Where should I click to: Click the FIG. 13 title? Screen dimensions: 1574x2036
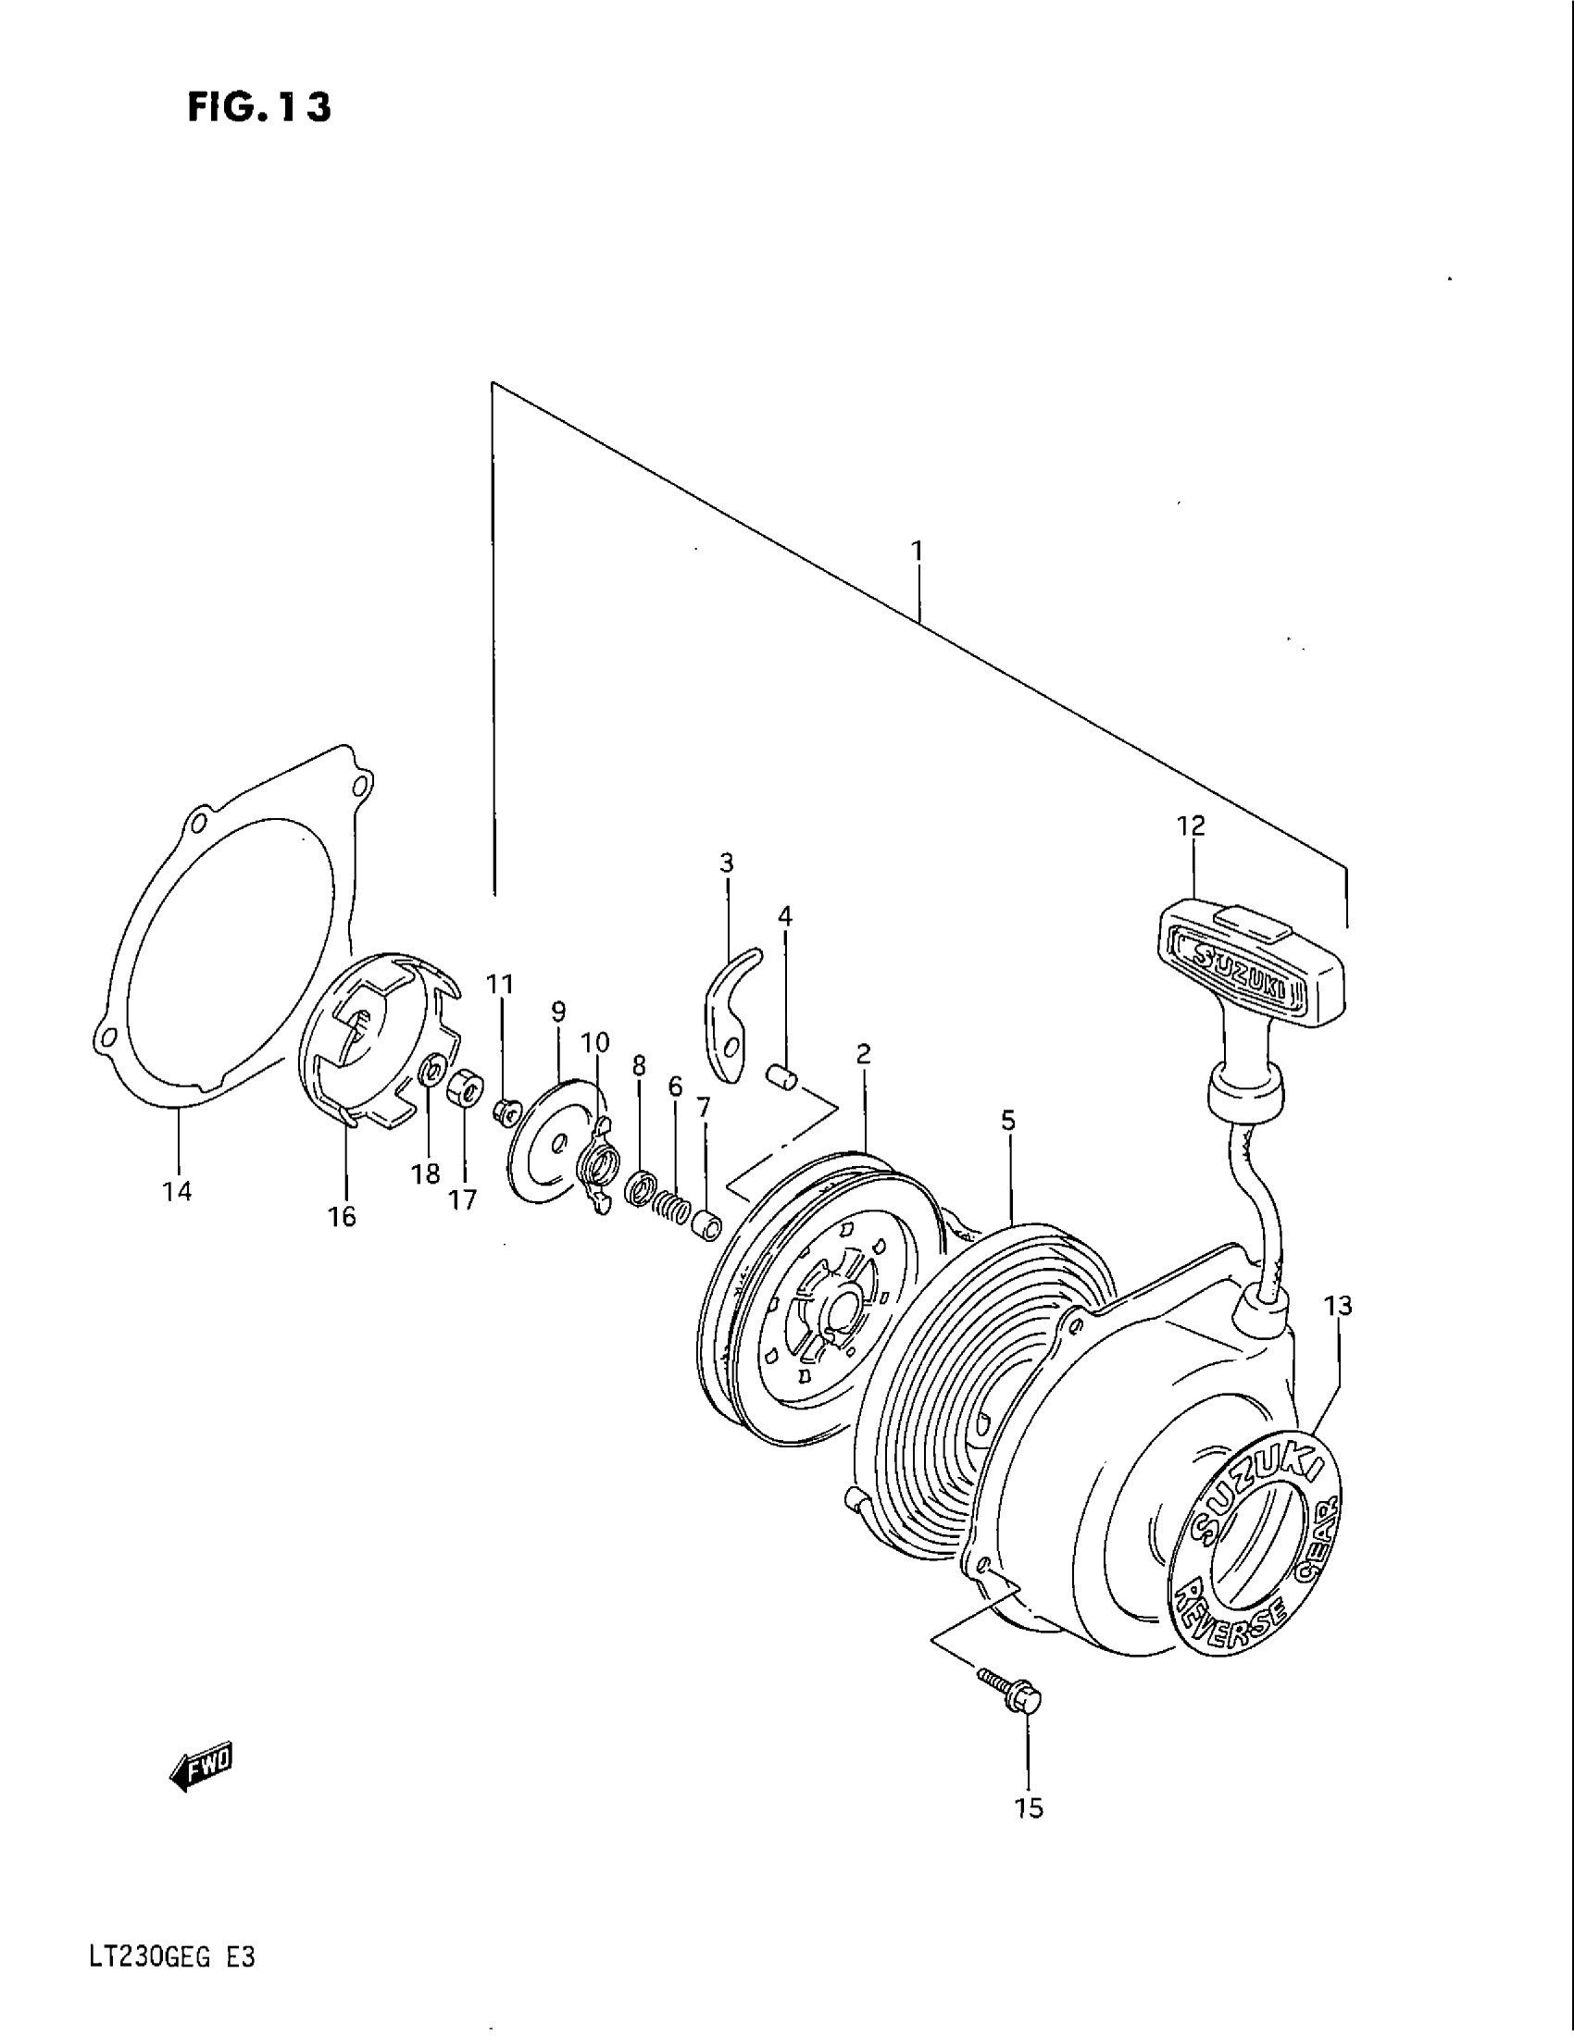click(258, 108)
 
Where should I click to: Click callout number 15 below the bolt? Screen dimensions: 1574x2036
click(1029, 1808)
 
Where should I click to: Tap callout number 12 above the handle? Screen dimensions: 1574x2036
click(1191, 826)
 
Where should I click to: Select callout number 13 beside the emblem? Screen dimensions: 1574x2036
click(1338, 1306)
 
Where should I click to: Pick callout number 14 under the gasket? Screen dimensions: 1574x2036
click(177, 1190)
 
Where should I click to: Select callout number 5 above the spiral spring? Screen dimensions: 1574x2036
click(1008, 1121)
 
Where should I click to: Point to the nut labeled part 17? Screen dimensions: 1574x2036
click(465, 1088)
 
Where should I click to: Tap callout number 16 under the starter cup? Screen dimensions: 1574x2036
click(343, 1217)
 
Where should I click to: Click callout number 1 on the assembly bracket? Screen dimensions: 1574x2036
click(917, 551)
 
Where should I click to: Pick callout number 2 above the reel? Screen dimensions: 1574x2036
click(864, 1054)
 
